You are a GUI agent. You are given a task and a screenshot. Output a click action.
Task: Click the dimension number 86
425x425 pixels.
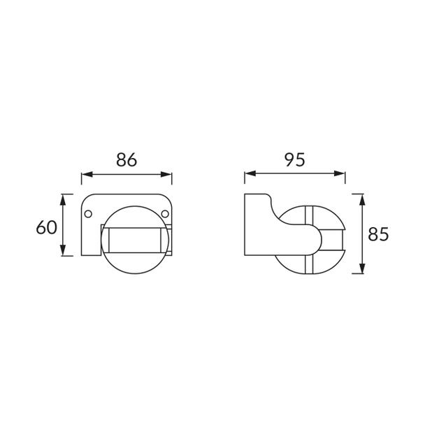[127, 160]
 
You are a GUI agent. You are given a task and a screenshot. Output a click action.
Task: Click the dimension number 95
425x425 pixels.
[294, 159]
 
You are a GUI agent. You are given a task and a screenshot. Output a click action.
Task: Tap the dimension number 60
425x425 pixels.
[47, 227]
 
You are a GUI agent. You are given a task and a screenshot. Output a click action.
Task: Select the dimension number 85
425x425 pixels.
[378, 234]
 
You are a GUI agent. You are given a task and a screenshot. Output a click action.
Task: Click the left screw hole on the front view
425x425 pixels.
[88, 214]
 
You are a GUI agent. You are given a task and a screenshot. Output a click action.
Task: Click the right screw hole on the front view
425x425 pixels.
[165, 214]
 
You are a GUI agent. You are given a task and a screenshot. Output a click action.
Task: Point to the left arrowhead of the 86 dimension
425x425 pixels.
[87, 174]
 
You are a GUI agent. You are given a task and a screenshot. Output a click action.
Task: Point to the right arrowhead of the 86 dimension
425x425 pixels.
[166, 174]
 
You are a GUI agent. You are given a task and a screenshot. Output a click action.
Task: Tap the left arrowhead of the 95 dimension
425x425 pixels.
[250, 173]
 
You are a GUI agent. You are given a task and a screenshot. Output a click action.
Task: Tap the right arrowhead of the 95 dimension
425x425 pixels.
[340, 173]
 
